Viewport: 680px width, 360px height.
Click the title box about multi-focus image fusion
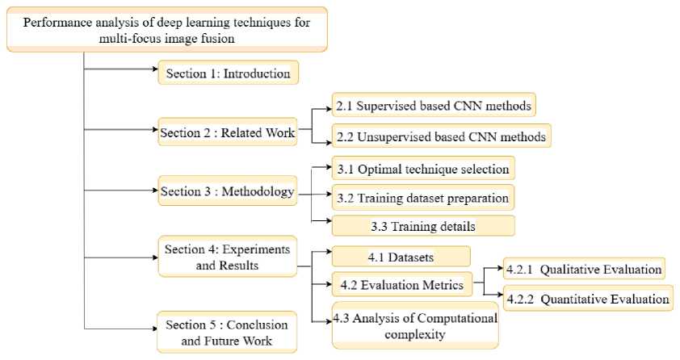coord(168,28)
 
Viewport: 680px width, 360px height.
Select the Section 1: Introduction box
coord(228,73)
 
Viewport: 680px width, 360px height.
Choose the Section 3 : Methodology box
coord(227,191)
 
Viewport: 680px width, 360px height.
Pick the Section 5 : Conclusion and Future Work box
coord(227,332)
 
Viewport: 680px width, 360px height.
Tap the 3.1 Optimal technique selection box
coord(424,170)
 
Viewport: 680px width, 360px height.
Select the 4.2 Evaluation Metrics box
coord(401,284)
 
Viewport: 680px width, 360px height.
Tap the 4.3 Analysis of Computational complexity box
coord(415,325)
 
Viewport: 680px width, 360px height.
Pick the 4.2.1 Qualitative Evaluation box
coord(584,269)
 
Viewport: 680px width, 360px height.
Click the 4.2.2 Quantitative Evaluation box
coord(587,299)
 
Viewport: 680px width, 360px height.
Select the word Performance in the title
coord(54,20)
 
